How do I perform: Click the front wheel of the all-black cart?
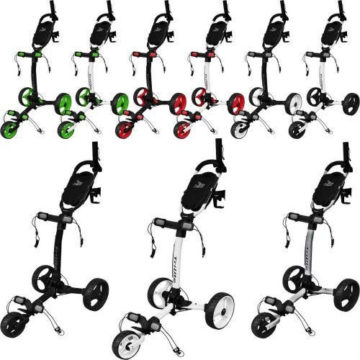(x=21, y=319)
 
